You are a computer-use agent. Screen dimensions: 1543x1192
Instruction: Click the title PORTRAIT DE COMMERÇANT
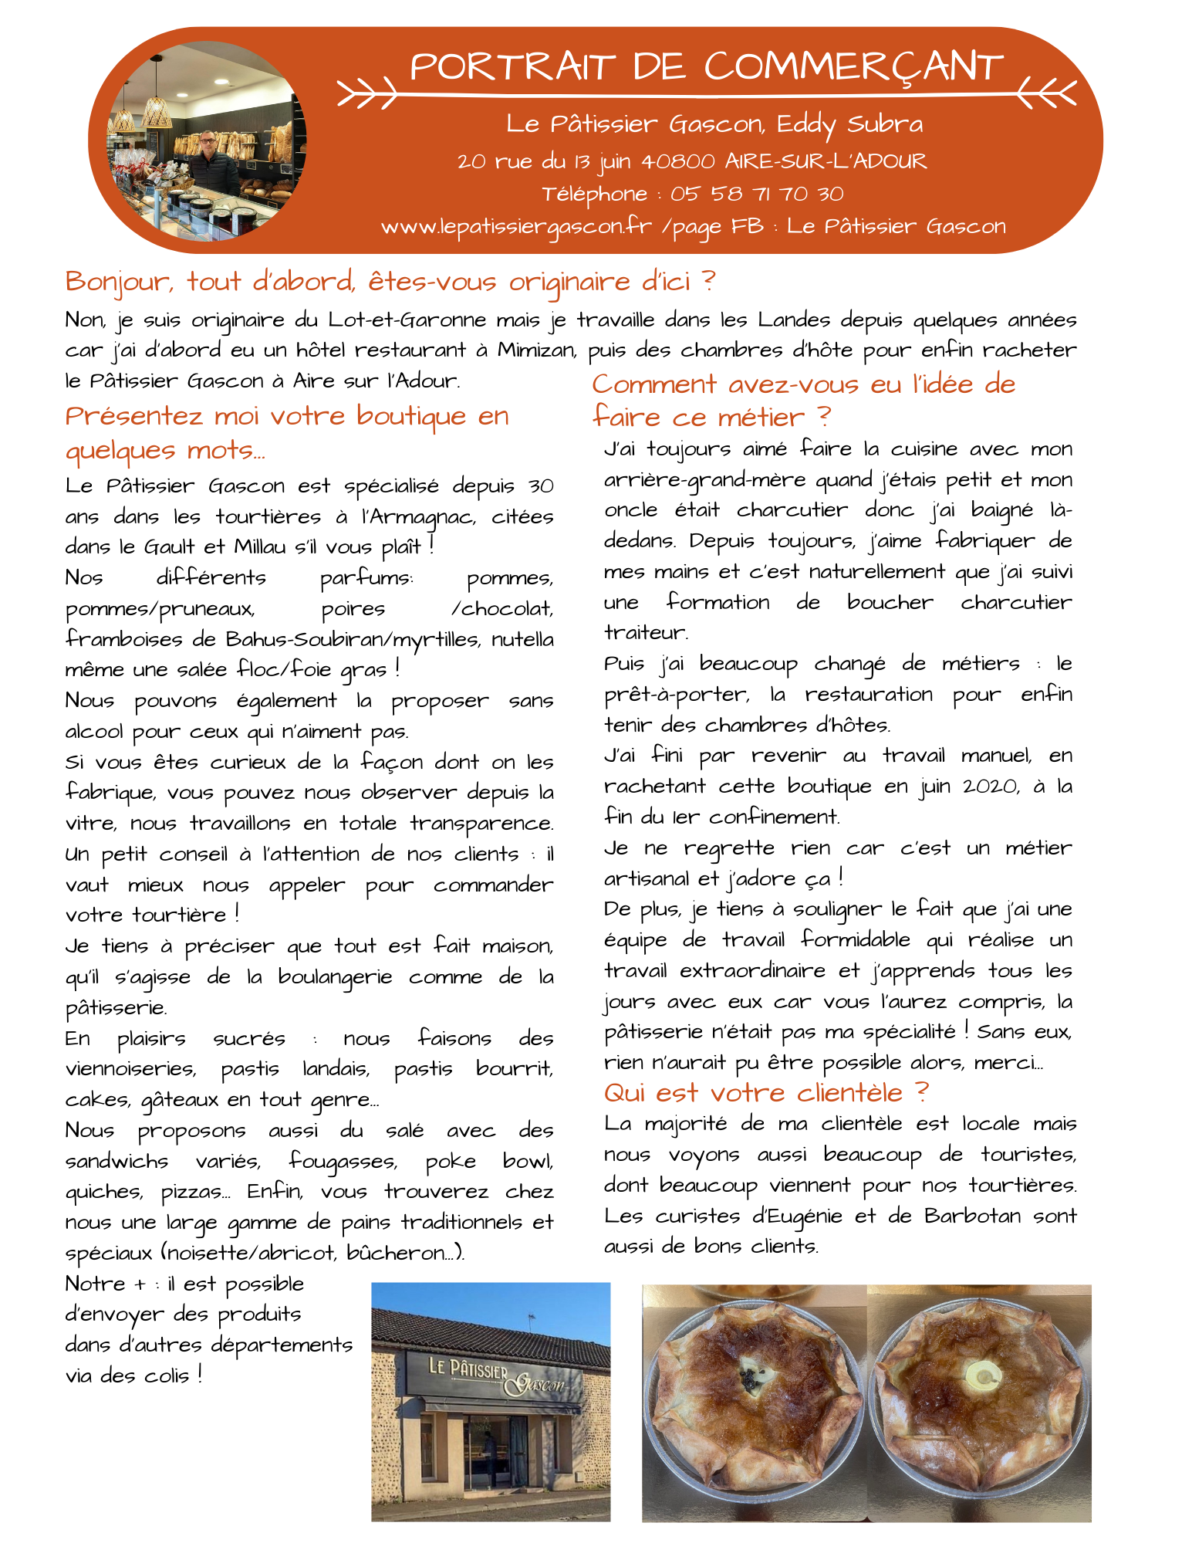(706, 66)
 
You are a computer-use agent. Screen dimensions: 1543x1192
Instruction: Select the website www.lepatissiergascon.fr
(516, 226)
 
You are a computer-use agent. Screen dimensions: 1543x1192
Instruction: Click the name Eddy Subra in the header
(849, 124)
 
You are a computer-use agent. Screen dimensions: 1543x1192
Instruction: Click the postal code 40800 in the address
(678, 161)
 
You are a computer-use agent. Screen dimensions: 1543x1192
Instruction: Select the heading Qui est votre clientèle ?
(766, 1093)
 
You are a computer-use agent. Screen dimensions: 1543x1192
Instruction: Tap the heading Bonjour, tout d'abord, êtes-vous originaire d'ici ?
(390, 282)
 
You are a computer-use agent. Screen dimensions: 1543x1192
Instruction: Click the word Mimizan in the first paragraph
(535, 350)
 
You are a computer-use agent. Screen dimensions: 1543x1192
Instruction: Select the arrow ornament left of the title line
(366, 94)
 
